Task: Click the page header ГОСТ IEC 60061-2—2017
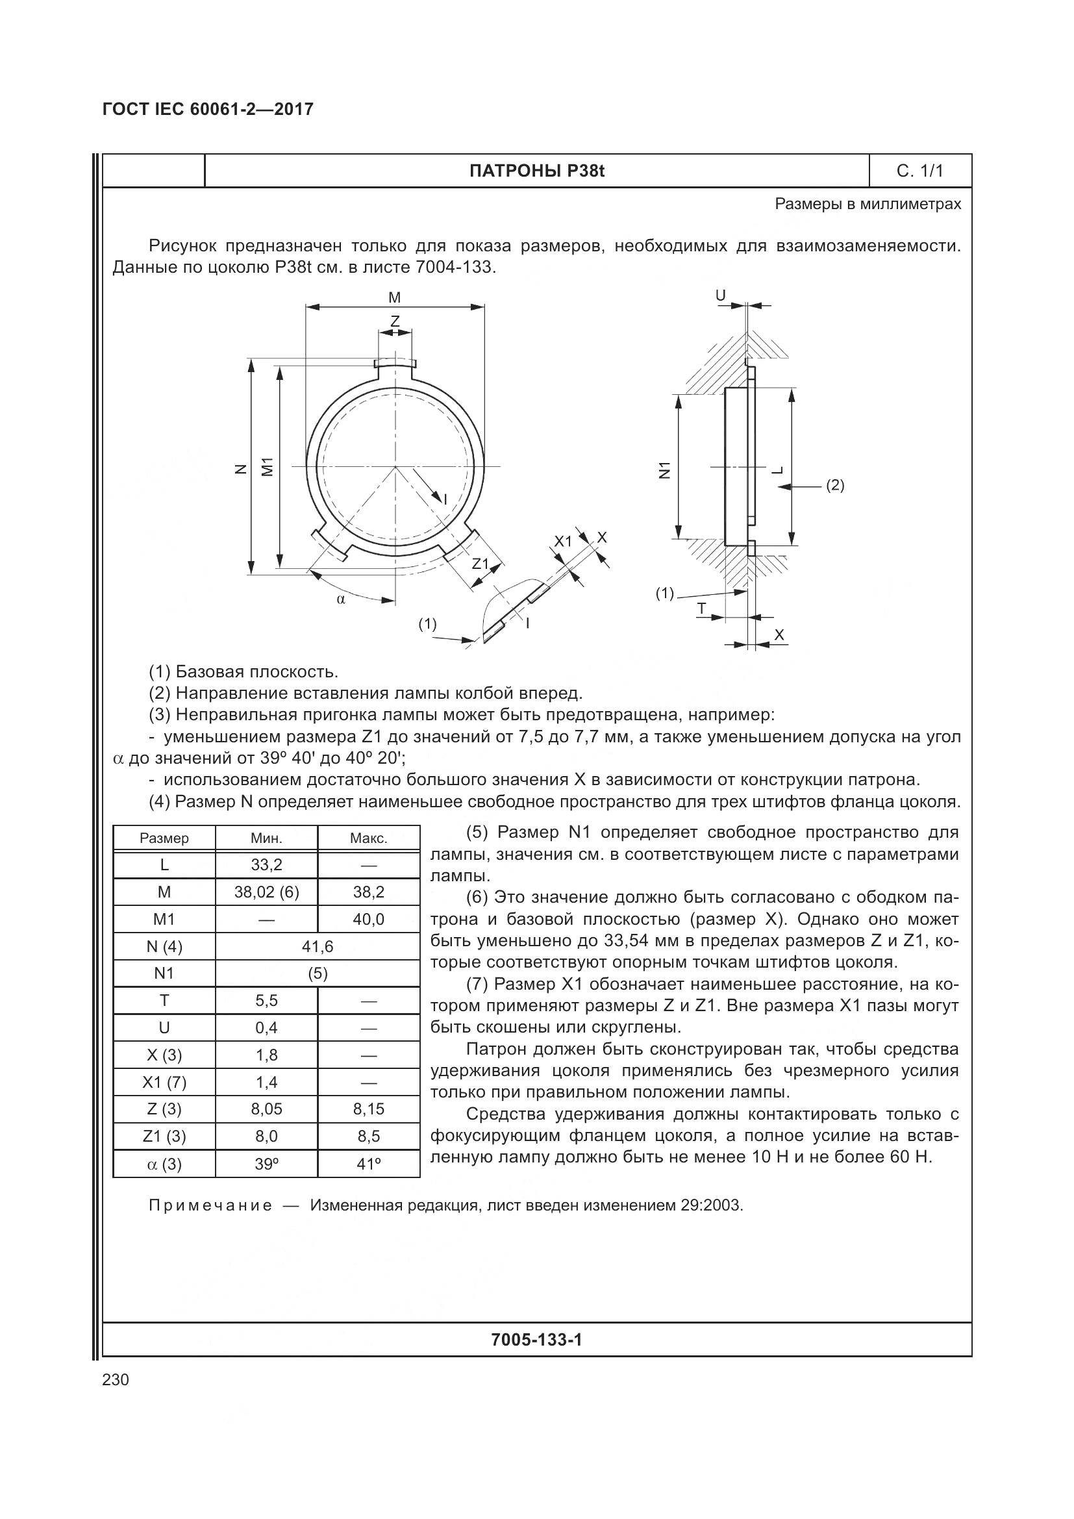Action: (x=208, y=109)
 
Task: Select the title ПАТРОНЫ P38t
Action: (x=536, y=171)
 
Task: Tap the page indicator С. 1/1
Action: (x=919, y=171)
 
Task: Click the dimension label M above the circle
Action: (x=394, y=297)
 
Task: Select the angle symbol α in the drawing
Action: (x=341, y=599)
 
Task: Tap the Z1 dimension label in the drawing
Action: (x=480, y=564)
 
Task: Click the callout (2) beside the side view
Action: (x=835, y=485)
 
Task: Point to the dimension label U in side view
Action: (x=721, y=295)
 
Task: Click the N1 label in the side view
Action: (x=666, y=470)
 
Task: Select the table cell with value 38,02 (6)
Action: (x=266, y=892)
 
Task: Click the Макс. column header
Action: (x=368, y=838)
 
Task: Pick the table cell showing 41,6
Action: (x=318, y=947)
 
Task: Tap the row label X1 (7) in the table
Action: (x=164, y=1083)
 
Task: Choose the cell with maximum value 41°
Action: (x=368, y=1164)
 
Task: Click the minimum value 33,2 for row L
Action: (x=266, y=865)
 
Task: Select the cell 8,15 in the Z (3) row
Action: (x=368, y=1109)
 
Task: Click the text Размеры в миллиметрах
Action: (x=868, y=204)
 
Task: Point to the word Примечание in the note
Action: (x=210, y=1205)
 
